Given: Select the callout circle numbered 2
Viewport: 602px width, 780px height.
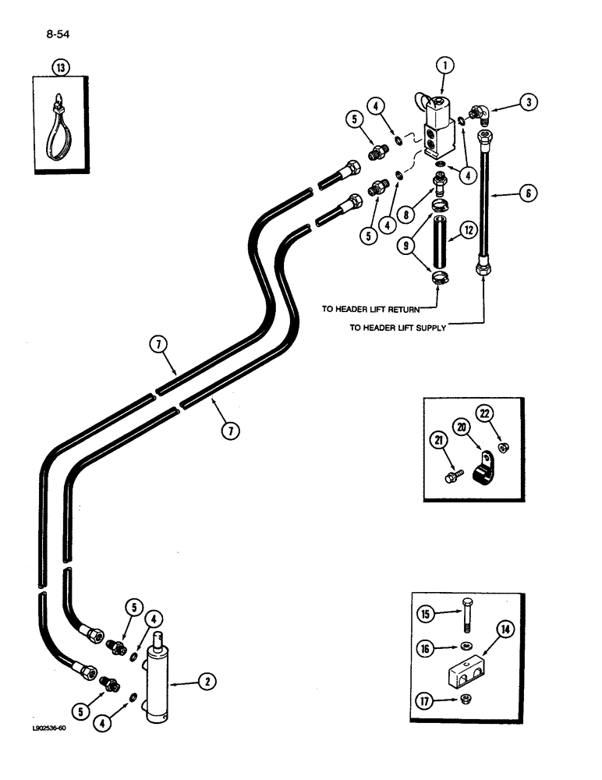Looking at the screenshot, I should [207, 682].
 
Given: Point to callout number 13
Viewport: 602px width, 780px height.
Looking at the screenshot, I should [61, 69].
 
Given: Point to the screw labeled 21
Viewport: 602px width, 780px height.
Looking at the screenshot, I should [454, 475].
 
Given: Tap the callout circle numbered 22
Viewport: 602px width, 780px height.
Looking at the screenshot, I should [485, 413].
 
